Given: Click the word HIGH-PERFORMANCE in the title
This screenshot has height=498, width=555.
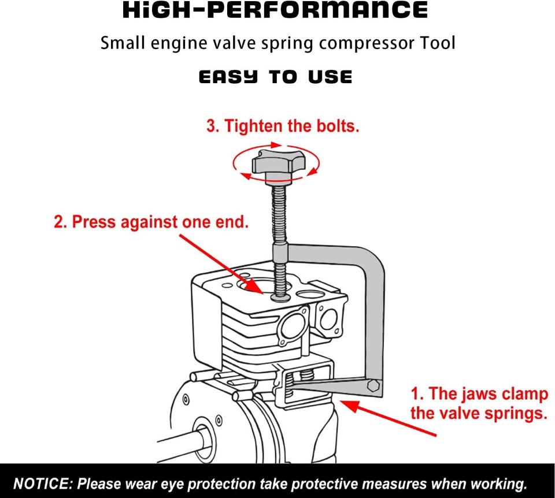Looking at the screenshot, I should click(x=275, y=10).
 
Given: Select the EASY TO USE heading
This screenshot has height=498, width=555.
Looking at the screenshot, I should click(x=275, y=77).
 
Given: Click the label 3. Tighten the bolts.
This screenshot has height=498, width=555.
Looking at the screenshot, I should click(x=283, y=126).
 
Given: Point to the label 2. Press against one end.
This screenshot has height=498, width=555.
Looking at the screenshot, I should click(x=151, y=222).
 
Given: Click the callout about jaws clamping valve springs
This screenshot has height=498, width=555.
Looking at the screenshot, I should click(x=479, y=403).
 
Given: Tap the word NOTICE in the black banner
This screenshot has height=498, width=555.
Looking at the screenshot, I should click(x=42, y=484).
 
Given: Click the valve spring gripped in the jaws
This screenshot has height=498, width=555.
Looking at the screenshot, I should click(x=310, y=376).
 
